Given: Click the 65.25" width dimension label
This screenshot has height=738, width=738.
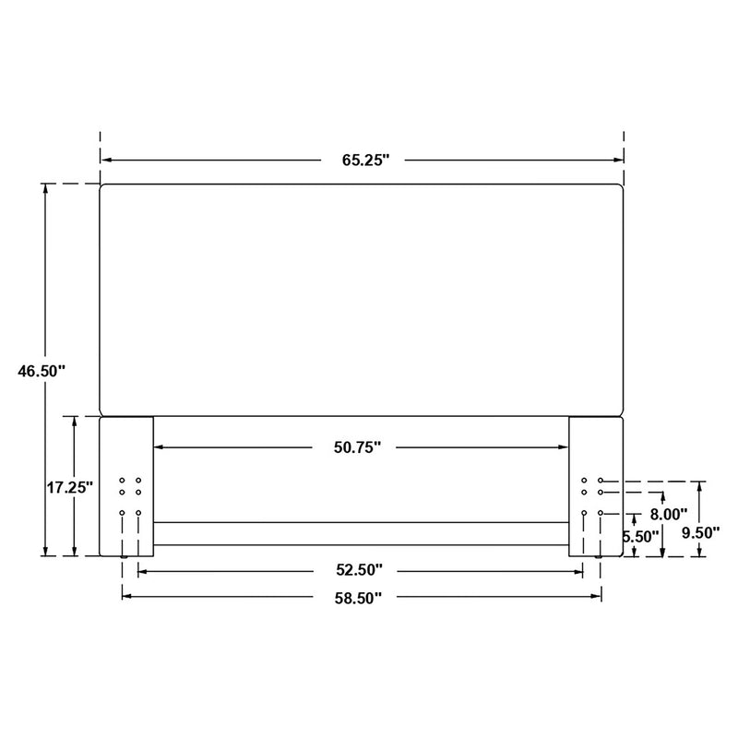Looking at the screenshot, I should tap(366, 160).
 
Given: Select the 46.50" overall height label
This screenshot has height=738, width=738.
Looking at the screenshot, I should tap(42, 371).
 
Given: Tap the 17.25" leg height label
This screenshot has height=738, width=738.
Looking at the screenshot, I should tap(70, 487).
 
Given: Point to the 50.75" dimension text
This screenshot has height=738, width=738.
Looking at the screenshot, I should tap(358, 447).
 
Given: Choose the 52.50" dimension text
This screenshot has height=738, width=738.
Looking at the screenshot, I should tap(359, 571).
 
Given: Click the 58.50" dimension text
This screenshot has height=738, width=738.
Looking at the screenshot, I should tap(359, 597).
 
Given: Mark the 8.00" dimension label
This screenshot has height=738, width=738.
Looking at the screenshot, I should tap(670, 514).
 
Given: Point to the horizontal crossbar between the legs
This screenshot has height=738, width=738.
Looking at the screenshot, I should tap(360, 533).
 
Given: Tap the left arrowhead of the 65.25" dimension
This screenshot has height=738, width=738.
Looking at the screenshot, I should tap(105, 160).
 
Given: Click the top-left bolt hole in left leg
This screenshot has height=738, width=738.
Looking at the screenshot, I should tap(122, 481).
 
